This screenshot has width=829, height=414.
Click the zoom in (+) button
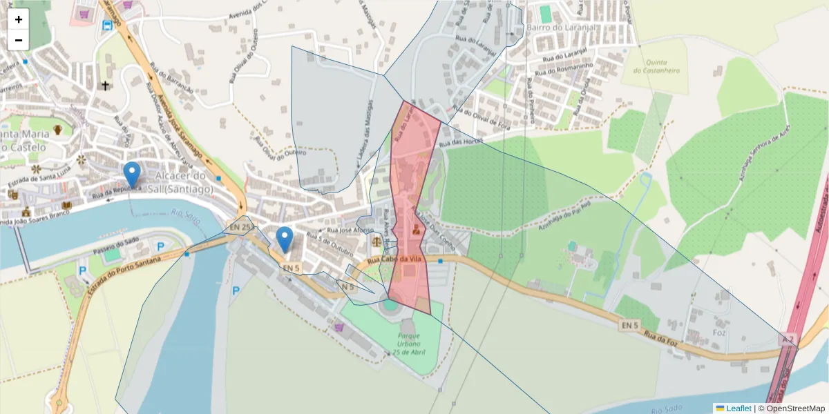tap(19, 19)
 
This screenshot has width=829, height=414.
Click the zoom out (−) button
tap(19, 40)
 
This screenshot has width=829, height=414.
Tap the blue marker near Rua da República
tap(131, 173)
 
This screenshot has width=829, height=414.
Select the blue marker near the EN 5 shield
tap(284, 239)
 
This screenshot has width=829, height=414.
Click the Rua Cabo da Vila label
tap(394, 259)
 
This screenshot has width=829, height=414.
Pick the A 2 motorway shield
tap(787, 340)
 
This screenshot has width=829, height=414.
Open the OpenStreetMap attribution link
tap(796, 408)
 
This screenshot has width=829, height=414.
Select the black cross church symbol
tap(105, 86)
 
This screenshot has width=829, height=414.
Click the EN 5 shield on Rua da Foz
tap(630, 324)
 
